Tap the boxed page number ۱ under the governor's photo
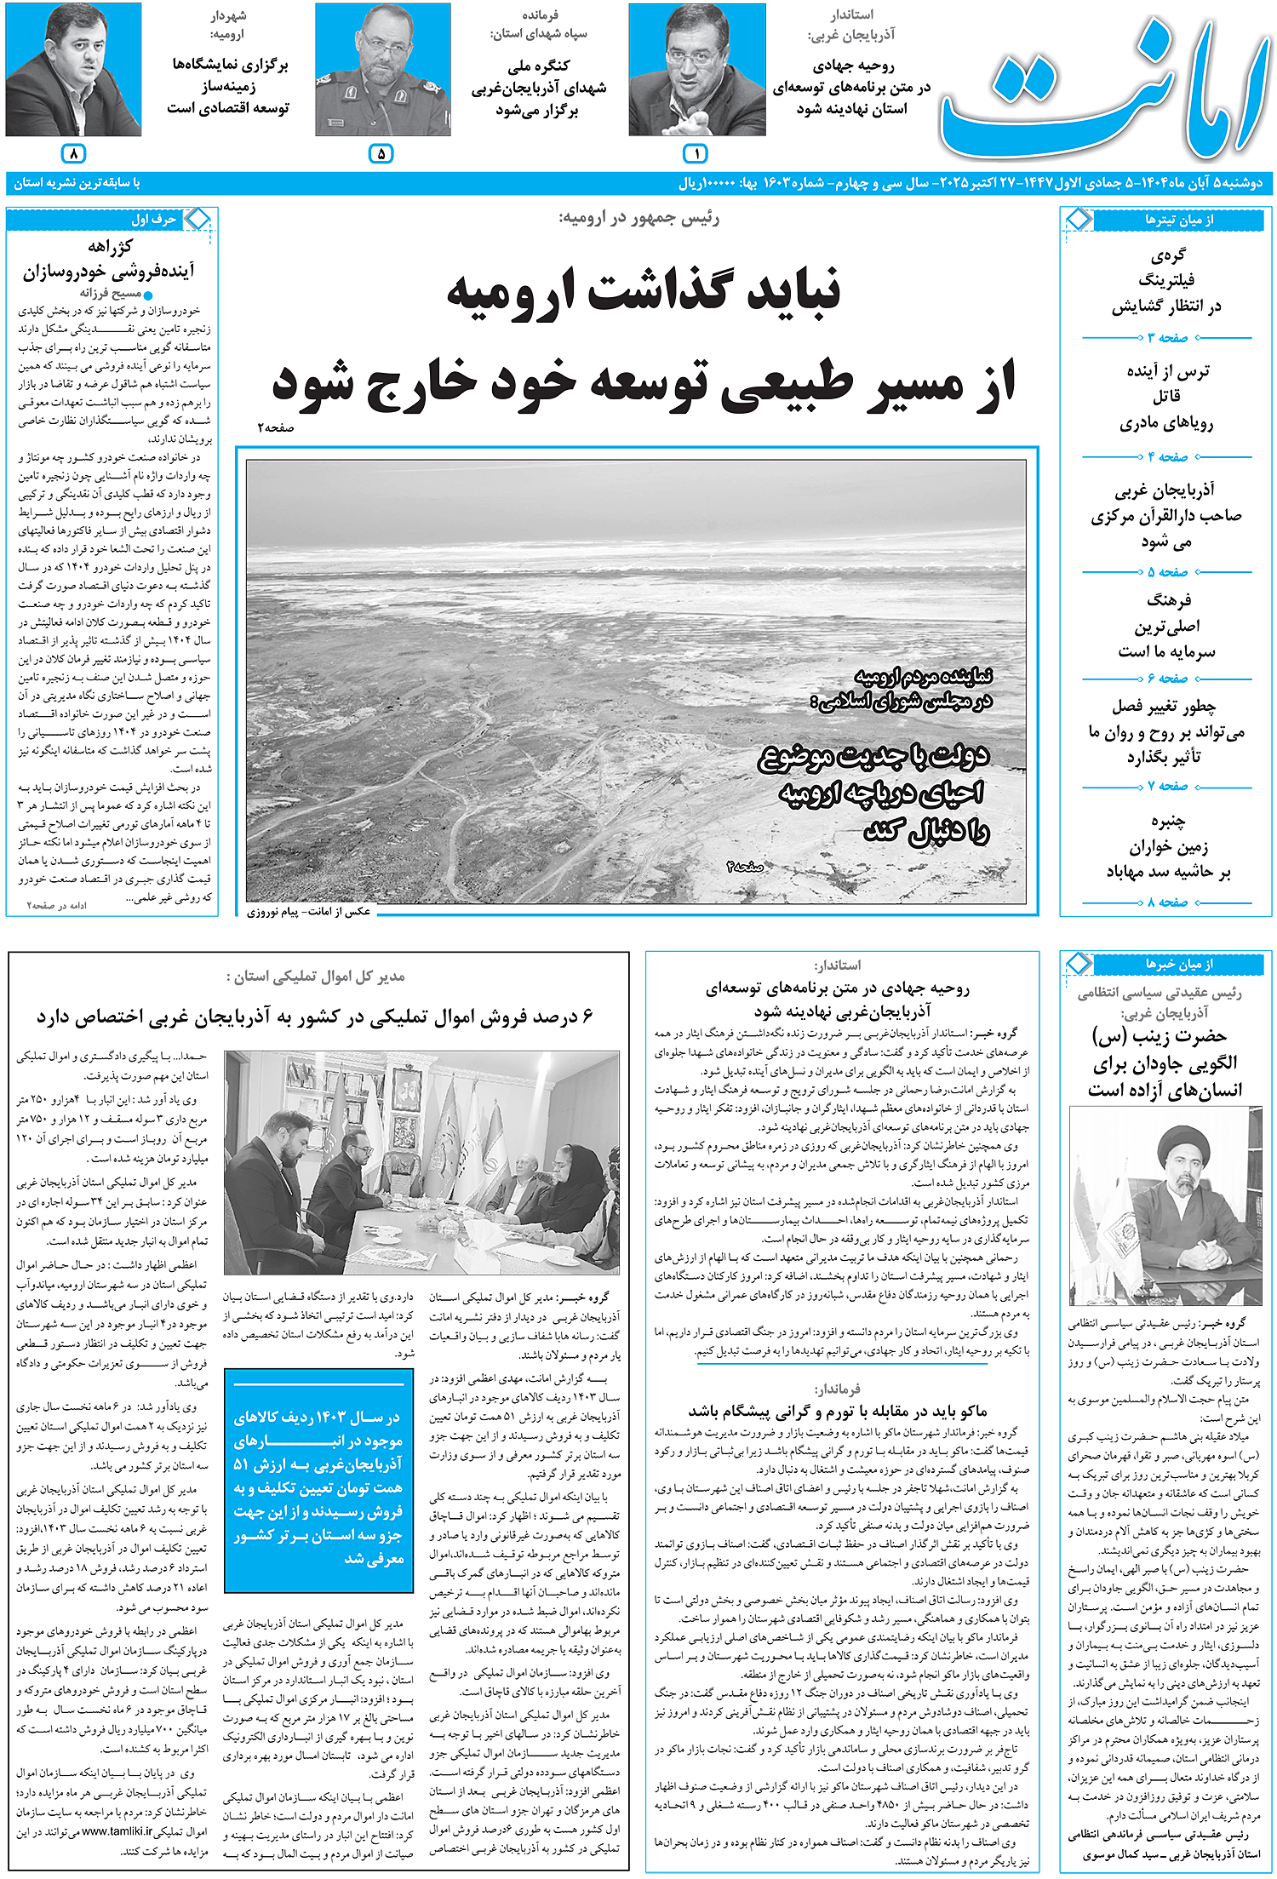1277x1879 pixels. point(696,154)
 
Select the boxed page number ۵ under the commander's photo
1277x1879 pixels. point(381,154)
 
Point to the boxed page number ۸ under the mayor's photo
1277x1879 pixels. point(74,154)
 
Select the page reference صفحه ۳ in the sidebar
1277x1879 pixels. point(1167,338)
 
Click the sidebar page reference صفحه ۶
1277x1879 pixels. point(1167,679)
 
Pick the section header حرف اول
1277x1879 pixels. point(153,220)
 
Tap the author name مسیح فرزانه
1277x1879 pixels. point(111,293)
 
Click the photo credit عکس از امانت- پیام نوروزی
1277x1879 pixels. point(309,912)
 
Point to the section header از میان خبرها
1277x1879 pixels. point(1179,965)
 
